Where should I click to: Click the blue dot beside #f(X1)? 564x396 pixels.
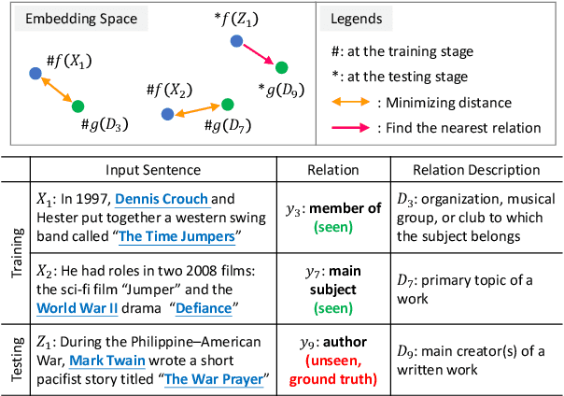coord(35,73)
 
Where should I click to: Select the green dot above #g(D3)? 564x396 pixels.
coord(78,106)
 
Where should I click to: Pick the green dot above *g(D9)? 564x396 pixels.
coord(280,67)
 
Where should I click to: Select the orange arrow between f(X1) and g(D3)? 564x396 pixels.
coord(56,90)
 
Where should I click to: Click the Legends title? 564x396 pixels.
coord(358,18)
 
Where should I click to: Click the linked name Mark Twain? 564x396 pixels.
coord(106,363)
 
